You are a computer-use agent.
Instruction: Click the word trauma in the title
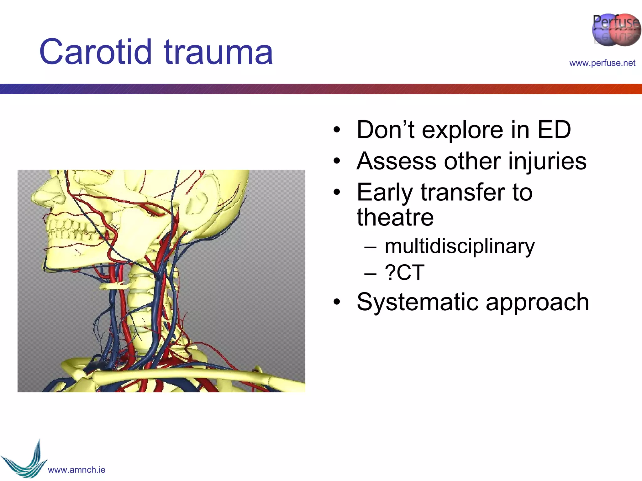point(218,52)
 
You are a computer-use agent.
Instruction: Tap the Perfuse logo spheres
point(616,30)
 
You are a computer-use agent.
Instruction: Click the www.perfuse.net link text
point(602,63)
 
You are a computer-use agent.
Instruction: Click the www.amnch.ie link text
point(76,470)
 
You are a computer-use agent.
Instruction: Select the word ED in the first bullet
point(554,130)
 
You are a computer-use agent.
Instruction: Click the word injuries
point(547,162)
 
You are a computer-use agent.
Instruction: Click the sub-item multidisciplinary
point(459,246)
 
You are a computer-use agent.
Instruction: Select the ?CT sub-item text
point(404,272)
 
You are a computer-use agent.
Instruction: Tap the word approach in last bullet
point(537,303)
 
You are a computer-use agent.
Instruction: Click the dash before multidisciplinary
point(370,247)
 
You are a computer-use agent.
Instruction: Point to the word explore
point(462,130)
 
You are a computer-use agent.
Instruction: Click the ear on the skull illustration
point(197,200)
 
